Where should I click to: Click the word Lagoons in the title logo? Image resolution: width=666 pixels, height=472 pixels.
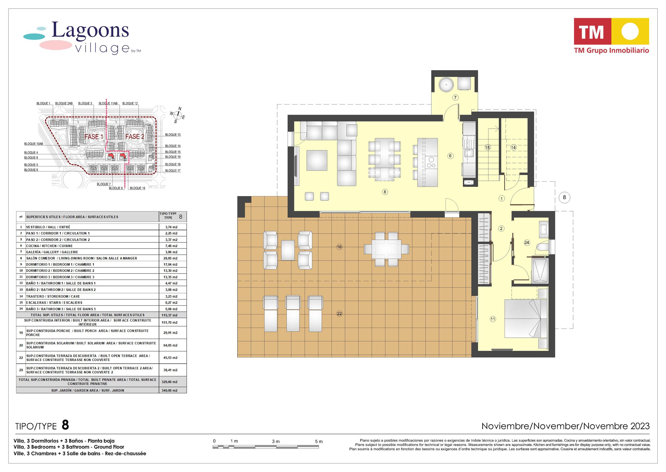(x=90, y=31)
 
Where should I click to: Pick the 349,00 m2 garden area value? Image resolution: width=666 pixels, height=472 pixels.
(x=170, y=390)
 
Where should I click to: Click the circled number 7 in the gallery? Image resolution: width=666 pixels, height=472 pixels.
(x=455, y=98)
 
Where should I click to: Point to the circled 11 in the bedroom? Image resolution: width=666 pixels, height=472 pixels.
(x=493, y=319)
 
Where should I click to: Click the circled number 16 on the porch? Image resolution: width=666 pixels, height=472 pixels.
(x=339, y=247)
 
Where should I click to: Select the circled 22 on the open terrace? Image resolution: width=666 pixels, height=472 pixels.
(x=339, y=314)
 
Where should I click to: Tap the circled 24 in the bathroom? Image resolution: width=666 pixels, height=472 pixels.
(x=527, y=243)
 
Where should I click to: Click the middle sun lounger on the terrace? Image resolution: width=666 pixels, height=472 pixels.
(x=293, y=314)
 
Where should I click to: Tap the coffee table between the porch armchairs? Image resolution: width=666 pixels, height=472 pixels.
(x=288, y=250)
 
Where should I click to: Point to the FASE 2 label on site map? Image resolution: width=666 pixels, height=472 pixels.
(x=135, y=136)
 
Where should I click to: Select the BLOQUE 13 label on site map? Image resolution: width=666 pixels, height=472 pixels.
(x=173, y=135)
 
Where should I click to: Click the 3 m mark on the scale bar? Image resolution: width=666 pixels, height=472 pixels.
(x=276, y=441)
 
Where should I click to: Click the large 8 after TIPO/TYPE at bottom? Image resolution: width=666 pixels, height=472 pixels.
(x=65, y=425)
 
